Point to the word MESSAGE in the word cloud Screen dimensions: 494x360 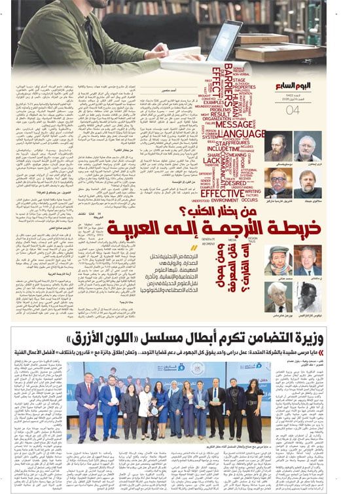(234, 124)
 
